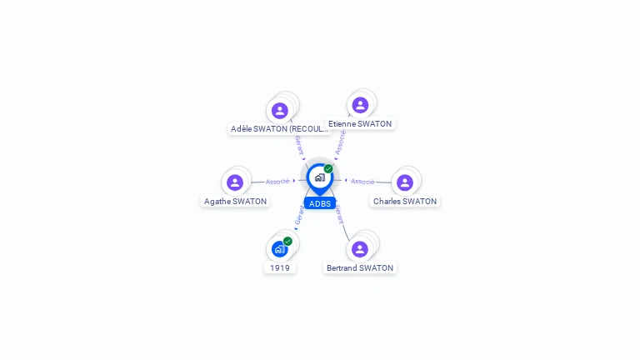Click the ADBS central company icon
319,177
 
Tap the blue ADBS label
320,203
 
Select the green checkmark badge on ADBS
328,168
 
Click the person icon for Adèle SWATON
280,110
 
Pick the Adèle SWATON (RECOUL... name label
280,129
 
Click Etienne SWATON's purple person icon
360,105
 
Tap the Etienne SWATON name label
360,124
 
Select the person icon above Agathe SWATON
235,182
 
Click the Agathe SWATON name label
236,202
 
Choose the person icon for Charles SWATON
405,182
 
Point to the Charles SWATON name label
405,202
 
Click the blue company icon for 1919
279,249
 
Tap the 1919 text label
280,268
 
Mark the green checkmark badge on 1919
287,241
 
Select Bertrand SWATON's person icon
360,249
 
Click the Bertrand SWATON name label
360,268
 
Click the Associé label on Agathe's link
277,181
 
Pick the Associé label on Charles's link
362,181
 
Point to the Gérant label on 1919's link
299,215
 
